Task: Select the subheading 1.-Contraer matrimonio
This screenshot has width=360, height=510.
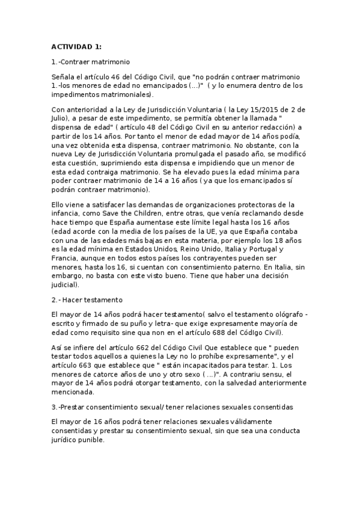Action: (91, 62)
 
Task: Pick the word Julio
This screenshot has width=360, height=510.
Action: (61, 118)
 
